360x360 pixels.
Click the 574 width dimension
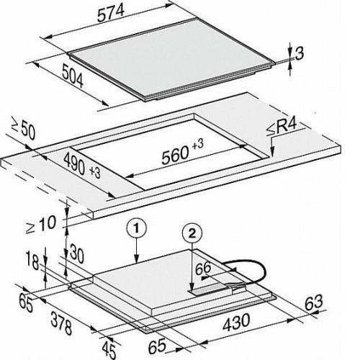pyautogui.click(x=111, y=13)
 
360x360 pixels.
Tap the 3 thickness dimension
pyautogui.click(x=299, y=53)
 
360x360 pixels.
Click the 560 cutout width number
pyautogui.click(x=175, y=156)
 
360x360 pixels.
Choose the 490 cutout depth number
pyautogui.click(x=74, y=164)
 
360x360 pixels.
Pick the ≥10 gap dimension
pyautogui.click(x=41, y=224)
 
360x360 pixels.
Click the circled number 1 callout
pyautogui.click(x=136, y=228)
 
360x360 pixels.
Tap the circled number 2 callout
pyautogui.click(x=192, y=233)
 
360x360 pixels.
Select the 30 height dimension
pyautogui.click(x=76, y=256)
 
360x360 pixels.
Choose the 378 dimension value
pyautogui.click(x=61, y=323)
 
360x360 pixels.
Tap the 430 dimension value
pyautogui.click(x=236, y=323)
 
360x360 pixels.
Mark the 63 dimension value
pyautogui.click(x=313, y=303)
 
